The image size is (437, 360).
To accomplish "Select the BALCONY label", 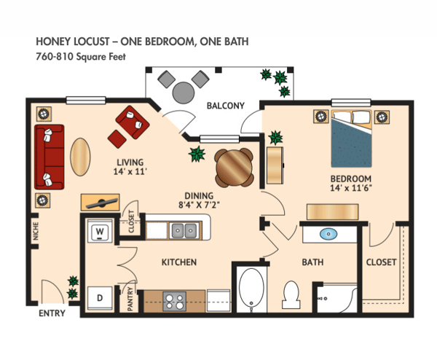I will [225, 106].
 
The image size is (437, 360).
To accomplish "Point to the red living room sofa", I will [49, 157].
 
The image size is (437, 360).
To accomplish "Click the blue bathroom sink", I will [328, 235].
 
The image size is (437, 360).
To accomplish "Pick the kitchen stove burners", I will [176, 301].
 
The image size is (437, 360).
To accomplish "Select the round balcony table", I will [184, 91].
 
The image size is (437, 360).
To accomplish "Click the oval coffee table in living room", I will [81, 155].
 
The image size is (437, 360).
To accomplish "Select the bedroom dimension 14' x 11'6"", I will [351, 189].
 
